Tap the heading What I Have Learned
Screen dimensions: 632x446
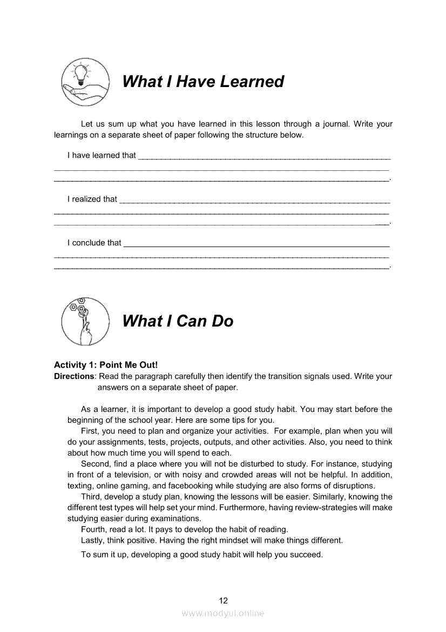click(202, 82)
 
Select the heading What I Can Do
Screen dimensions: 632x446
click(178, 321)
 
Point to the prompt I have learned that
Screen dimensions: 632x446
click(102, 155)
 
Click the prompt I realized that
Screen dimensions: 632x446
click(92, 199)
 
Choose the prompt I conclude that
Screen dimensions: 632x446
click(94, 243)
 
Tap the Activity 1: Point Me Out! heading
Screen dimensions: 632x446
click(106, 365)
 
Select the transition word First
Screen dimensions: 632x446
click(91, 431)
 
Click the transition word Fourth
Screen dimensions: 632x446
click(94, 529)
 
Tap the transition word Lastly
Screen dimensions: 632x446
click(94, 540)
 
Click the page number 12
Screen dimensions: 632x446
click(224, 600)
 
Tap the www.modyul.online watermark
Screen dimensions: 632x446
click(223, 613)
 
